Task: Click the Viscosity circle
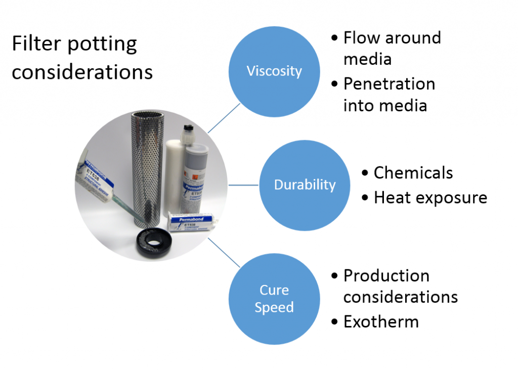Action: click(274, 71)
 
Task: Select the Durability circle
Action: click(305, 185)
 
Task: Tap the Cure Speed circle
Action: click(274, 299)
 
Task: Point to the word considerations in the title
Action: click(82, 72)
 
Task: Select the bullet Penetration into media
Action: click(388, 94)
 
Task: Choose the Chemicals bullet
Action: click(413, 173)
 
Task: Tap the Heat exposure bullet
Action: click(430, 197)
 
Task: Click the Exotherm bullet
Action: click(380, 321)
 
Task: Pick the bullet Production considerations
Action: click(400, 286)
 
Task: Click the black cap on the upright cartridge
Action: click(188, 131)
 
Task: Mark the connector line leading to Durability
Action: click(243, 185)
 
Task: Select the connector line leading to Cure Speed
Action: click(224, 253)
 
